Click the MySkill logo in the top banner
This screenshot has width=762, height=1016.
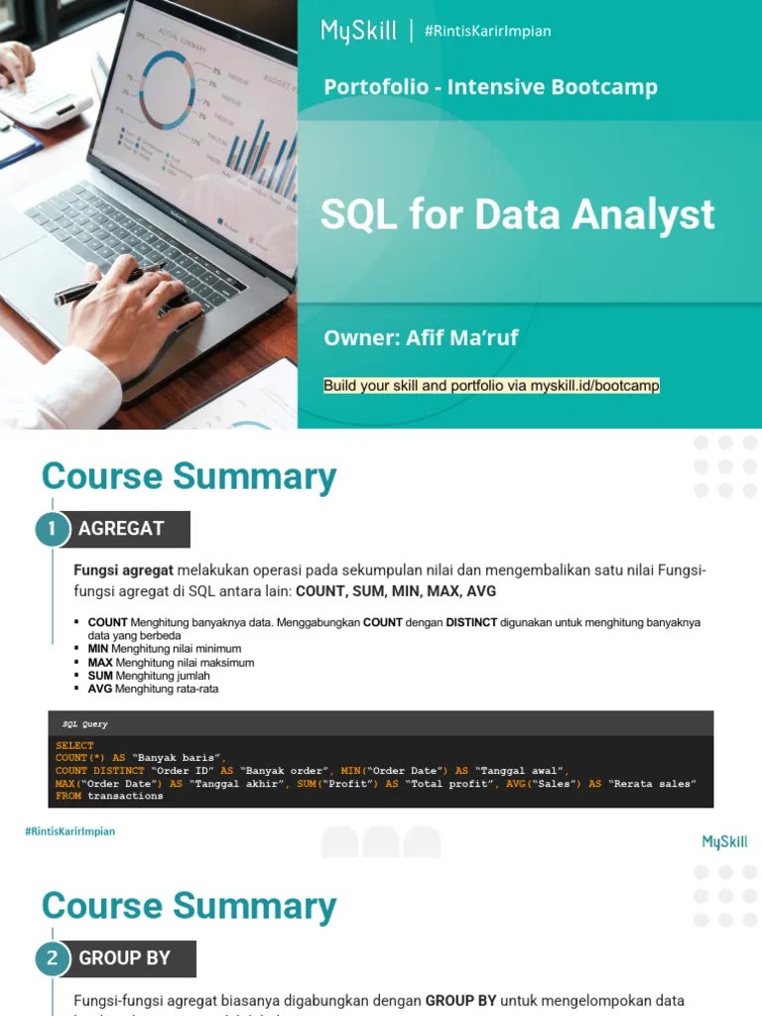click(x=358, y=31)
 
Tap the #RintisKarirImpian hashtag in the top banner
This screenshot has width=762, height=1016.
click(x=487, y=31)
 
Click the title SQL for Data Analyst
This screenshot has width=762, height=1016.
click(x=517, y=214)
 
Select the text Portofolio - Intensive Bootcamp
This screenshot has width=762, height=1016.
click(x=490, y=87)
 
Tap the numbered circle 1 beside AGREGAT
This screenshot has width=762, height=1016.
click(x=53, y=529)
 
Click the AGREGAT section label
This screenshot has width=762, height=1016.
click(x=121, y=529)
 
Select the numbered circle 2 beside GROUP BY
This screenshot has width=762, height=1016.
click(x=53, y=958)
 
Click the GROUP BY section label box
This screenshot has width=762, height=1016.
click(x=125, y=958)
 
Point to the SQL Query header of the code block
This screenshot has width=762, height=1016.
click(x=85, y=724)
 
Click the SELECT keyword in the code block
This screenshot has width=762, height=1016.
click(x=74, y=745)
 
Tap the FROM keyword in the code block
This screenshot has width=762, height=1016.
click(x=68, y=796)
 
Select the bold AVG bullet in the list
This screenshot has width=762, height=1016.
click(x=99, y=689)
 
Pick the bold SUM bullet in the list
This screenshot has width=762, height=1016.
click(x=100, y=676)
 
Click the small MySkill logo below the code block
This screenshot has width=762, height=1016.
click(x=724, y=842)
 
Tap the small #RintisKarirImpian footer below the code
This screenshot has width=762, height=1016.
click(x=69, y=831)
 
